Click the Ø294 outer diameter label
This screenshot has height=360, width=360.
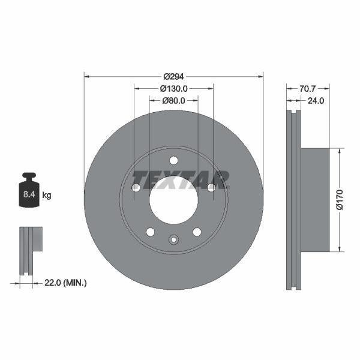point(173,77)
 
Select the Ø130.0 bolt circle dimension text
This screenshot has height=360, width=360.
point(174,88)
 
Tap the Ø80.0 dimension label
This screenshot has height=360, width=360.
point(174,100)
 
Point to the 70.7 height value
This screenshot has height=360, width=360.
point(308,88)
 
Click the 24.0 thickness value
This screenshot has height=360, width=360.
point(316,101)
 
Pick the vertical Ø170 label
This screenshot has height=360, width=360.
point(340,199)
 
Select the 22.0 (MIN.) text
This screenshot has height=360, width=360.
point(66,283)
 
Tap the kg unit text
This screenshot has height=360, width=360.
point(47,196)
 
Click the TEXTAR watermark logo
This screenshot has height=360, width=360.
point(181,179)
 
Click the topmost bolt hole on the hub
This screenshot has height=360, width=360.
point(173,160)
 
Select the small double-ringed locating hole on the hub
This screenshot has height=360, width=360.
point(173,240)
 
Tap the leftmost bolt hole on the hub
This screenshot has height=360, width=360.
point(136,188)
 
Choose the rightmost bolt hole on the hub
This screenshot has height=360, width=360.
point(211,188)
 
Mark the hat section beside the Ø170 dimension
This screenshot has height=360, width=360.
point(315,199)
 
